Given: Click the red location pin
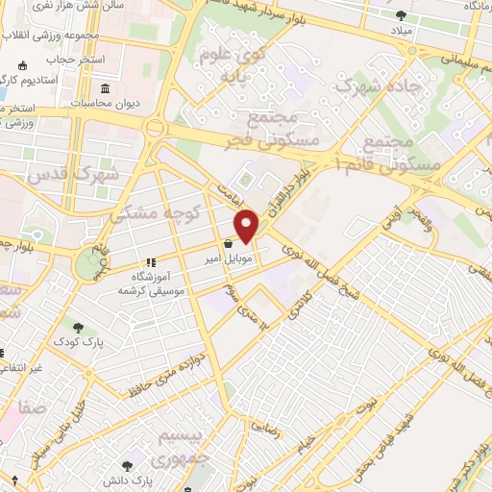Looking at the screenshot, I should coord(248,225).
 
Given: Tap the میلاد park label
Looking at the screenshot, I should coord(401,29).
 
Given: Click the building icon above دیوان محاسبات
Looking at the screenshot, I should coord(105,89).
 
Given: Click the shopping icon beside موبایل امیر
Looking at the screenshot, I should coord(227,244).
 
